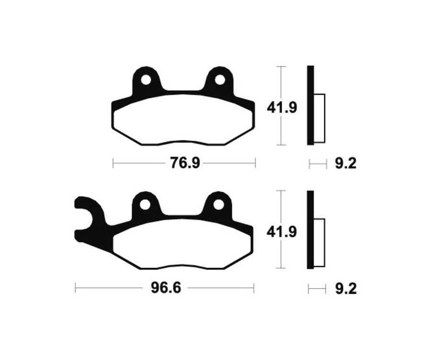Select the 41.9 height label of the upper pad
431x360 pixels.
point(282,107)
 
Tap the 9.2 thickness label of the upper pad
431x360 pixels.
point(345,164)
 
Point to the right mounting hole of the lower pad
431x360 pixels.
point(219,204)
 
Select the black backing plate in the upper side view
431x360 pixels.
point(310,105)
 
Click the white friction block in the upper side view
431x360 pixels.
point(319,118)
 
